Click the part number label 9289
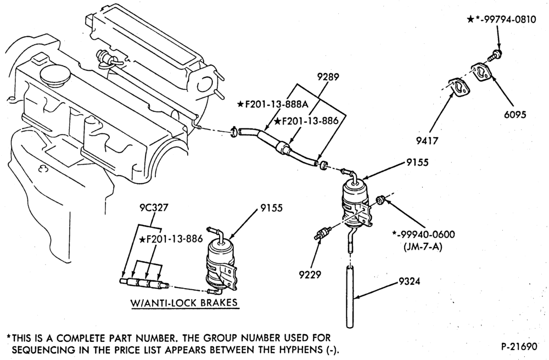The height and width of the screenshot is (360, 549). click(328, 77)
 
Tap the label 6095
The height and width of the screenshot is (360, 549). click(515, 114)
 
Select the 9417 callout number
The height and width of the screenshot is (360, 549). click(427, 140)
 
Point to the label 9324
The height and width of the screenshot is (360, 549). click(410, 281)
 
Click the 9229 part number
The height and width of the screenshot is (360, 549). click(310, 274)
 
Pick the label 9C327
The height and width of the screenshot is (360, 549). click(152, 207)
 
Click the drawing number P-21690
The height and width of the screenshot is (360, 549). click(519, 346)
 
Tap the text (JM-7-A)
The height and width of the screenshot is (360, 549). click(423, 247)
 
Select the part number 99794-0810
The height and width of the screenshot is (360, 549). click(508, 20)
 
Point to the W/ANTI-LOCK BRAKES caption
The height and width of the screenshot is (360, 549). click(184, 302)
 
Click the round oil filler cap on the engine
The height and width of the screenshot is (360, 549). click(55, 75)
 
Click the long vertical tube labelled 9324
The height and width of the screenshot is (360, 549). click(350, 297)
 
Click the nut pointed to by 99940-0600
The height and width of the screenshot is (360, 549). click(380, 200)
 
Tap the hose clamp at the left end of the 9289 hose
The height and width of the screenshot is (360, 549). click(234, 132)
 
